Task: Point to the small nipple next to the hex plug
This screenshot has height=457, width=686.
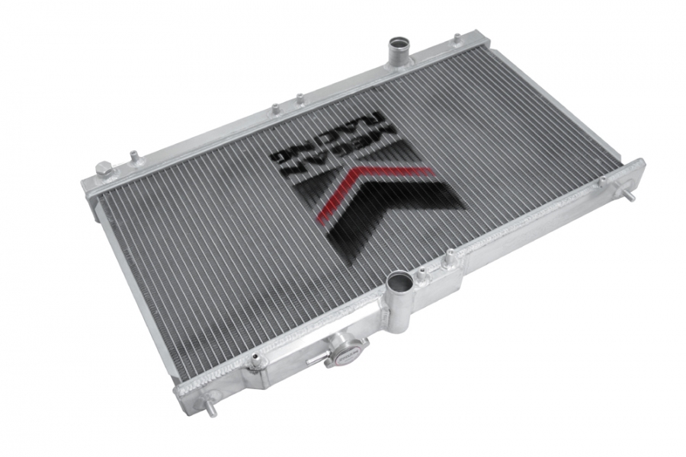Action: point(134,156)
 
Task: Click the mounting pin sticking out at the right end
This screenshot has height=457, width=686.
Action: point(632,197)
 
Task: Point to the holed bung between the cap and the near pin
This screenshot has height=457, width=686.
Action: point(258,361)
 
